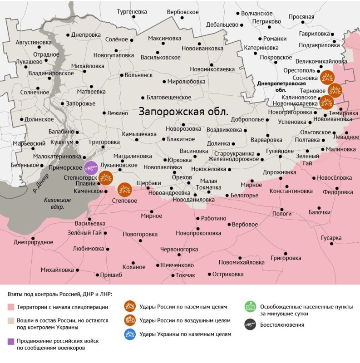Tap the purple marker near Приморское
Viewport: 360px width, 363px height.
pos(91,168)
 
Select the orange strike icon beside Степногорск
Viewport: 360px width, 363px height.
pos(106,177)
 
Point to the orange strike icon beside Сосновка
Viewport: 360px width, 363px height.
pos(326,77)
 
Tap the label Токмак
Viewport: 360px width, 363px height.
pos(185,275)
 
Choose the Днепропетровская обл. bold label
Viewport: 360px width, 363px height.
pos(281,87)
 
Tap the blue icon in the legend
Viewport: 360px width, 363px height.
pos(131,334)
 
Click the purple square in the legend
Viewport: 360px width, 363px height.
pos(11,341)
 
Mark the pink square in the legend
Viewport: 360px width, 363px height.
pos(11,307)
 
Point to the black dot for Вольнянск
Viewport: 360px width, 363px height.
pos(121,75)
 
